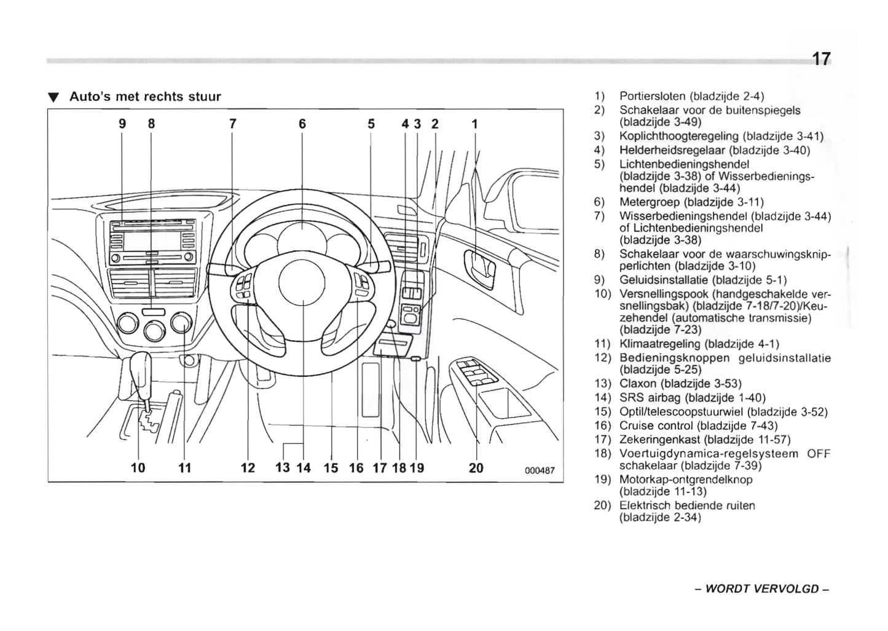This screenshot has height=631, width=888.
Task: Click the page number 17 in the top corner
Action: point(820,59)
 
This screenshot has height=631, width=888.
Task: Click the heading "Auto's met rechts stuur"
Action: point(144,97)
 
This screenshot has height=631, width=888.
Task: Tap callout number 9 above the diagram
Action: point(122,124)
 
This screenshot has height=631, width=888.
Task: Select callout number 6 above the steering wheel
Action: point(302,124)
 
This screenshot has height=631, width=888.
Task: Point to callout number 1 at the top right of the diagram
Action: point(474,124)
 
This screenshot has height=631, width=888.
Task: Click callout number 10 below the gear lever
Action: point(138,468)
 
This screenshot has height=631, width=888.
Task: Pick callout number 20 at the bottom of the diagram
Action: point(476,468)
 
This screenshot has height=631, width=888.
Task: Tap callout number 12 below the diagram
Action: point(248,468)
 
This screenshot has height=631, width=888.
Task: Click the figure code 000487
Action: point(540,470)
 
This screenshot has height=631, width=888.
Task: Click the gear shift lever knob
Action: point(141,370)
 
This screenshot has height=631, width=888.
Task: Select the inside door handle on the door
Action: point(480,269)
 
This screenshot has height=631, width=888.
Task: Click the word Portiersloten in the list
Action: point(652,96)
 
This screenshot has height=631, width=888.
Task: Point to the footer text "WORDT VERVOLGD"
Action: point(762,589)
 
